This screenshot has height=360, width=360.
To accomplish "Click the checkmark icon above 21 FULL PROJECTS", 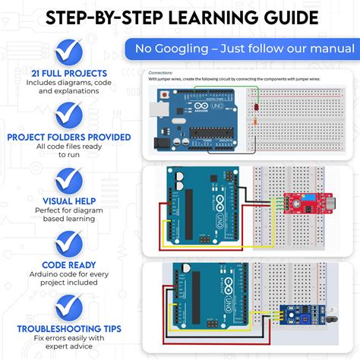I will pos(69,50).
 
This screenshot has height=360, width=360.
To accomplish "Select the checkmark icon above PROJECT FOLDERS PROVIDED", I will pos(69,115).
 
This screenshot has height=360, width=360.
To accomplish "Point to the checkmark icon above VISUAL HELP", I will pos(69,180).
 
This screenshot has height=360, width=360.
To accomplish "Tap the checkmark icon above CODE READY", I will pos(69,244).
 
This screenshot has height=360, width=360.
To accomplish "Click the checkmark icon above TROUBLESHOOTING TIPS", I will pos(69,308).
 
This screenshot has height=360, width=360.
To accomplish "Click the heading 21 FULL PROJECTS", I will pos(68,73).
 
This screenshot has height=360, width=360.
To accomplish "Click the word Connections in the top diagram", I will pos(162,74).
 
